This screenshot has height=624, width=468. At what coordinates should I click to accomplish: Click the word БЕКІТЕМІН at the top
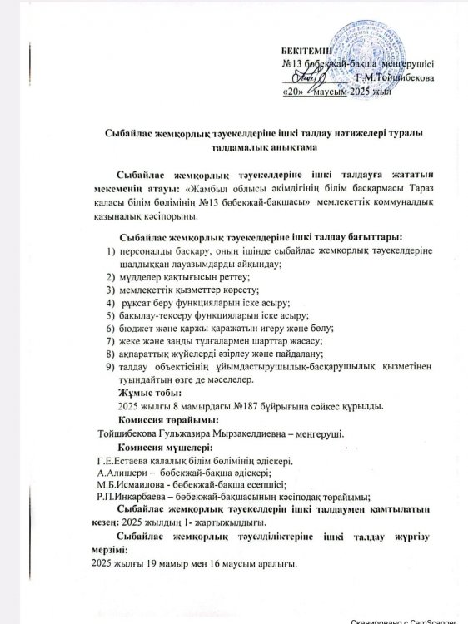pos(306,51)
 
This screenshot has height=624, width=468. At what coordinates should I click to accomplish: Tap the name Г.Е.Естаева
pos(126,463)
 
